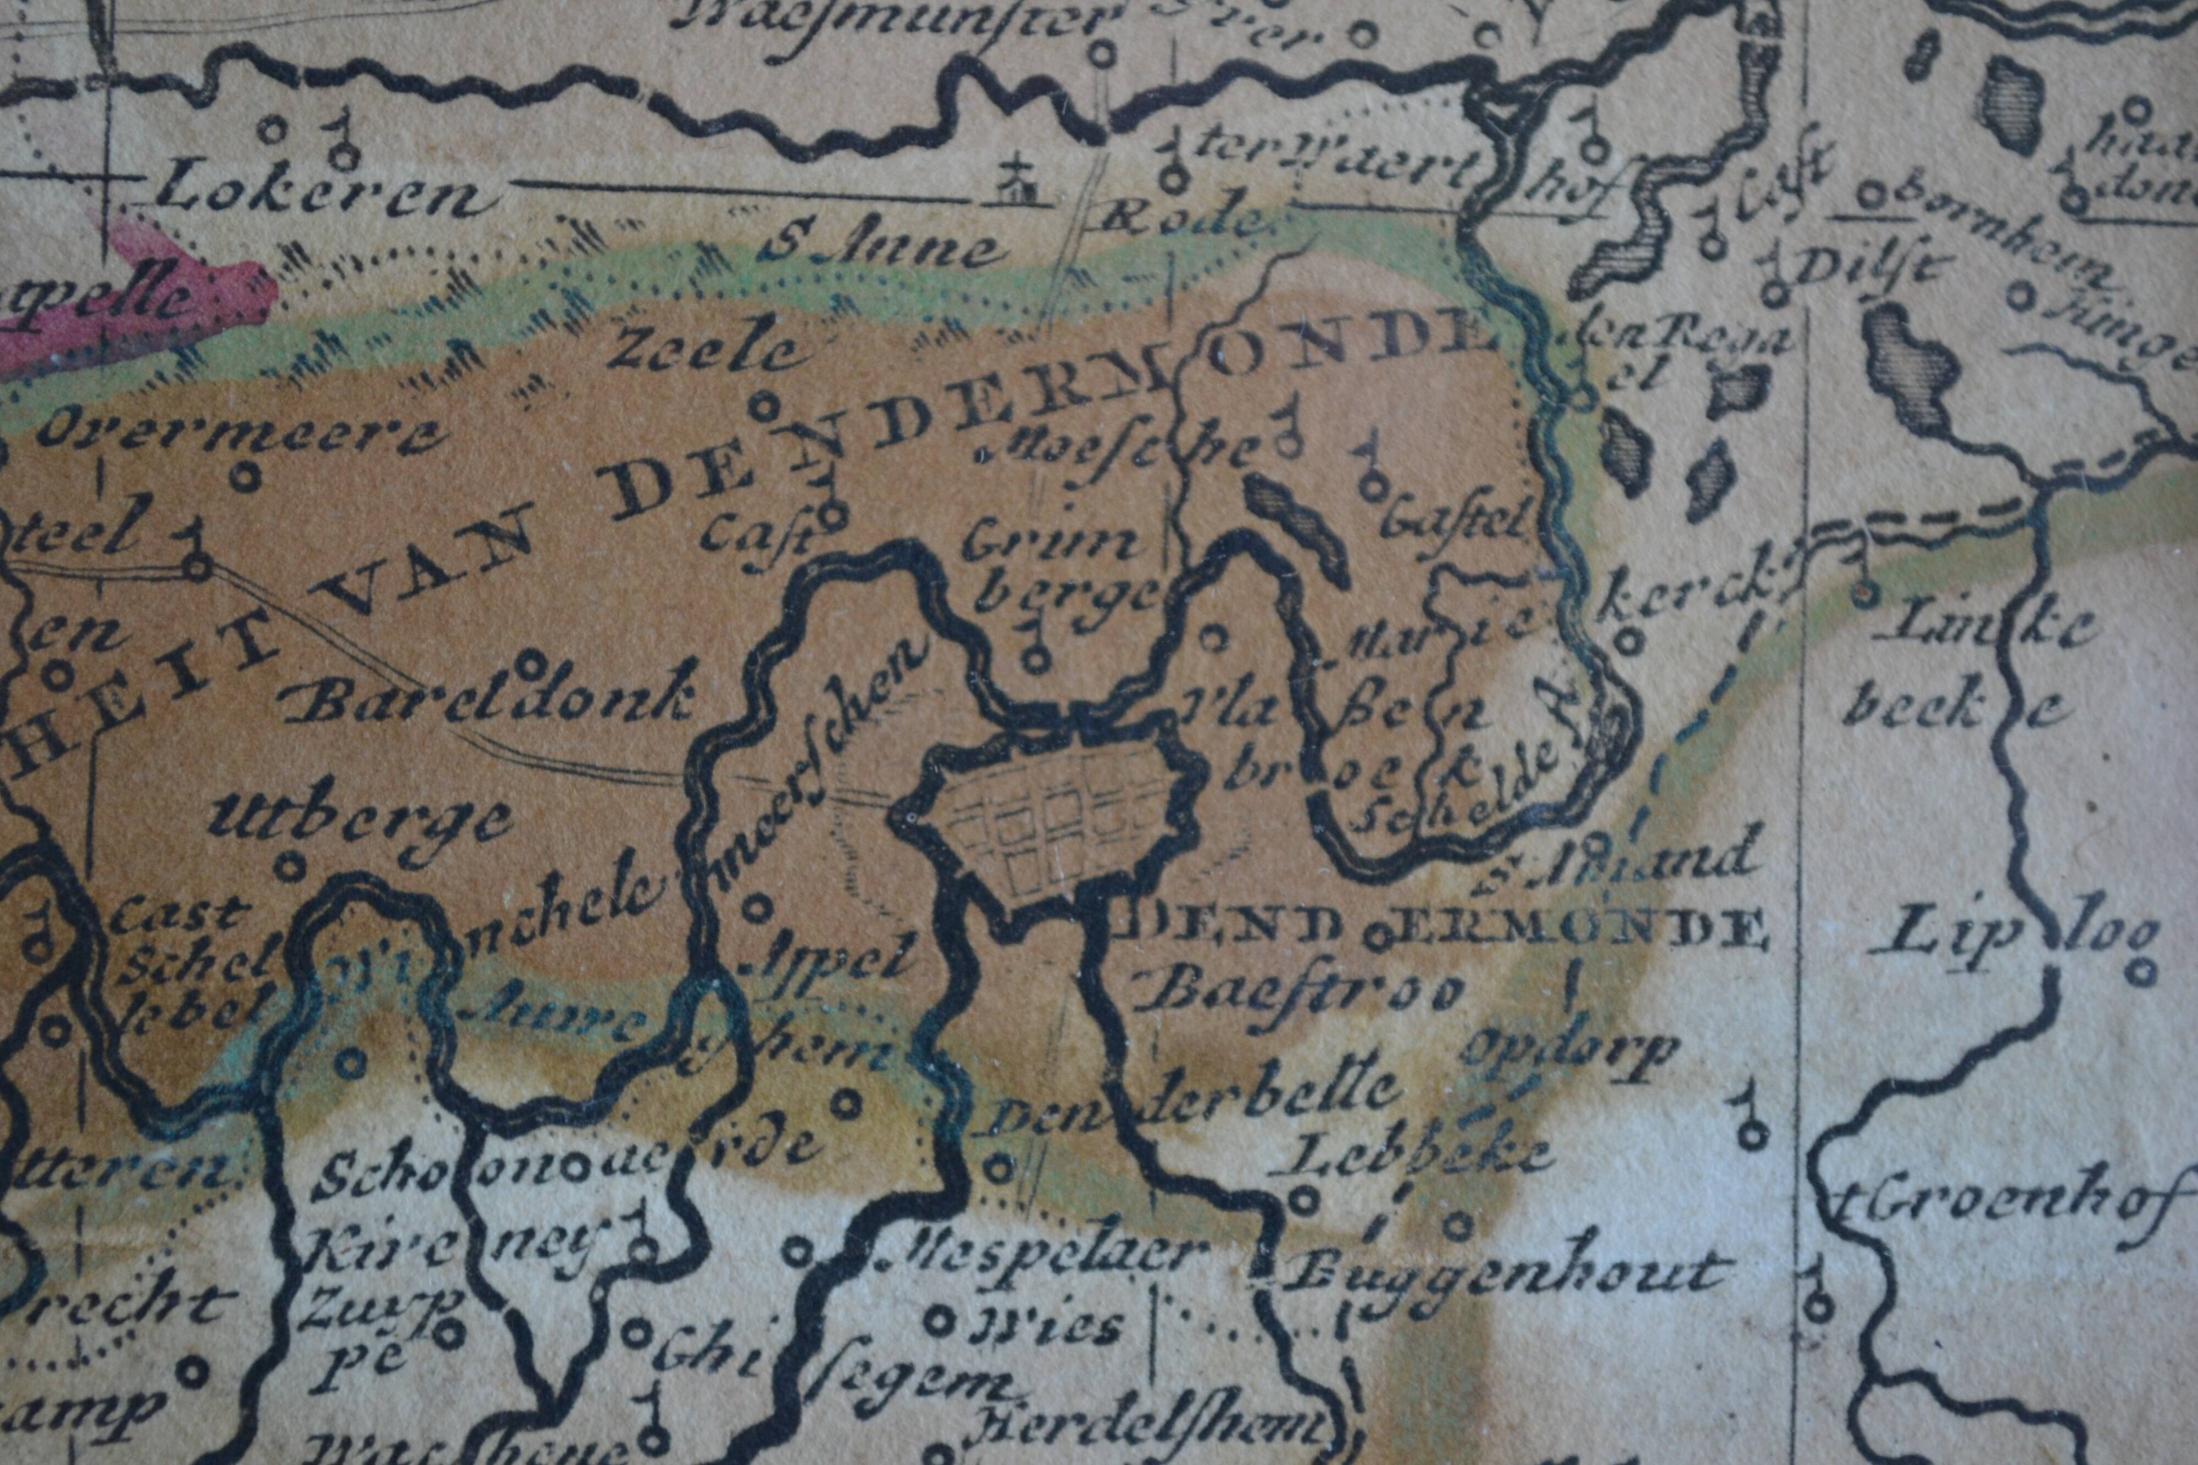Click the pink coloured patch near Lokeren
[168, 299]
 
